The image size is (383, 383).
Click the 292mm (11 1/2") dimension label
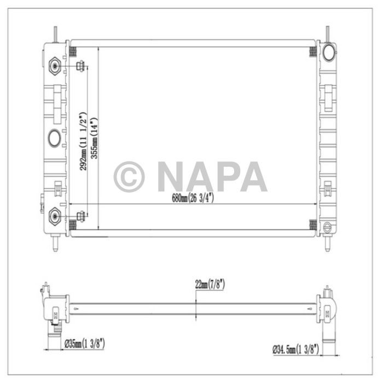click(84, 142)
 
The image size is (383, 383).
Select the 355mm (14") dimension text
click(95, 138)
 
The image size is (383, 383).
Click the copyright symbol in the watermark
click(129, 177)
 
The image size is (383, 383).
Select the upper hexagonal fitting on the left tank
click(55, 67)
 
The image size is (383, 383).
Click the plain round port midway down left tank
click(55, 138)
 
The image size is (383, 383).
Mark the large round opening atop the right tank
click(329, 52)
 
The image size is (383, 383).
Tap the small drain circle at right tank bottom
click(328, 227)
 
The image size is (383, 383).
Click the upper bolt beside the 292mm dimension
click(80, 67)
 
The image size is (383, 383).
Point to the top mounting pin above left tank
click(55, 33)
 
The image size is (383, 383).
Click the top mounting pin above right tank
click(328, 33)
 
